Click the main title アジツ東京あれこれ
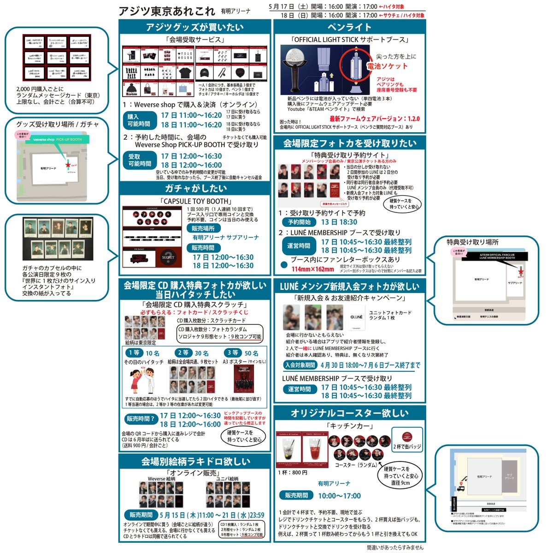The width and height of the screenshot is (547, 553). point(166,11)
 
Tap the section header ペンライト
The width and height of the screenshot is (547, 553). point(349,27)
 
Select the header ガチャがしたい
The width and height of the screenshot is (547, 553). point(195,188)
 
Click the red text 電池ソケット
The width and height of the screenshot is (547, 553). point(387,66)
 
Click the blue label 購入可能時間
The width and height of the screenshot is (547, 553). point(139,120)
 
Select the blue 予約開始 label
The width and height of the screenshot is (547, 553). point(299,222)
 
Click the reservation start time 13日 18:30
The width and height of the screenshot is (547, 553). point(339,222)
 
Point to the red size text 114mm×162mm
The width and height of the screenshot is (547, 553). point(312,270)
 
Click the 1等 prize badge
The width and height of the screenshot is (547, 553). point(134,353)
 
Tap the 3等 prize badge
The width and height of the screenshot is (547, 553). point(233,353)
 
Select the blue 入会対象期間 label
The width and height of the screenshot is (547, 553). point(300,365)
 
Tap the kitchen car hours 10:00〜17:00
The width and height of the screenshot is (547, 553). point(339,496)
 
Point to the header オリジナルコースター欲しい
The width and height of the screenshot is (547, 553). point(349,413)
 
